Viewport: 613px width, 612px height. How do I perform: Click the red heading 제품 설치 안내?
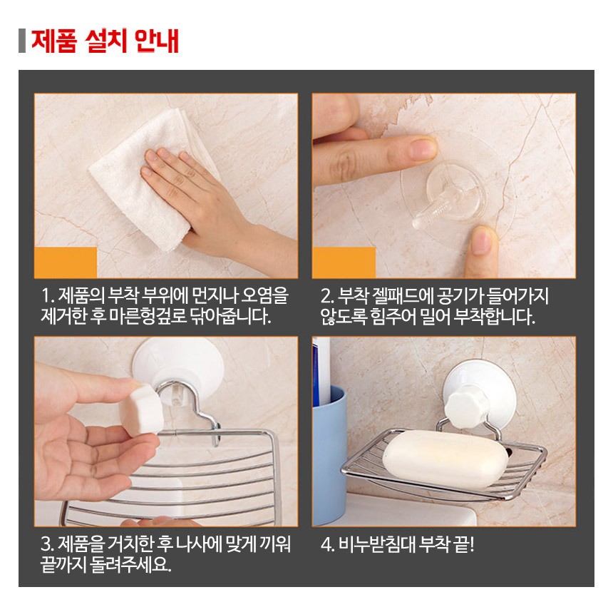[x=105, y=41]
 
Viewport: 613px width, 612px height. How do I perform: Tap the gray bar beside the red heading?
[x=22, y=41]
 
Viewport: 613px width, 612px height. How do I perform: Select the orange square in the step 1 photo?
[x=66, y=262]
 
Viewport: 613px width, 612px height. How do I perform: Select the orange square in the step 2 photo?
[x=344, y=262]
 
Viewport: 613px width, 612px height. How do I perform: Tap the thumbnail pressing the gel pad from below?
[x=481, y=240]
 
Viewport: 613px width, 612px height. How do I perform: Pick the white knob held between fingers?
[x=142, y=409]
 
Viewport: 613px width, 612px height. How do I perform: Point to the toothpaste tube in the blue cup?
[x=321, y=372]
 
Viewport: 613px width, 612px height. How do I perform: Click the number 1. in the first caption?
[x=48, y=295]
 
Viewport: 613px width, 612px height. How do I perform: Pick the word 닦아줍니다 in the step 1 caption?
[x=231, y=316]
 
